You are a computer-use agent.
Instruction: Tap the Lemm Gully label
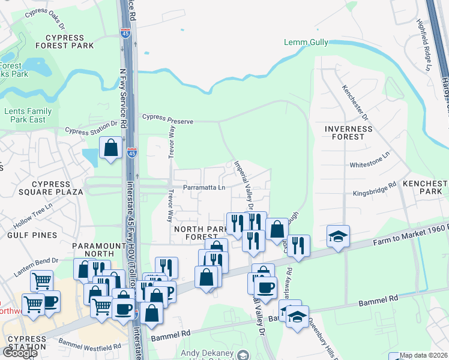[305, 43]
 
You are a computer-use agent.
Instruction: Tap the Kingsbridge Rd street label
[375, 191]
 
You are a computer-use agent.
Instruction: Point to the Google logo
[19, 352]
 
